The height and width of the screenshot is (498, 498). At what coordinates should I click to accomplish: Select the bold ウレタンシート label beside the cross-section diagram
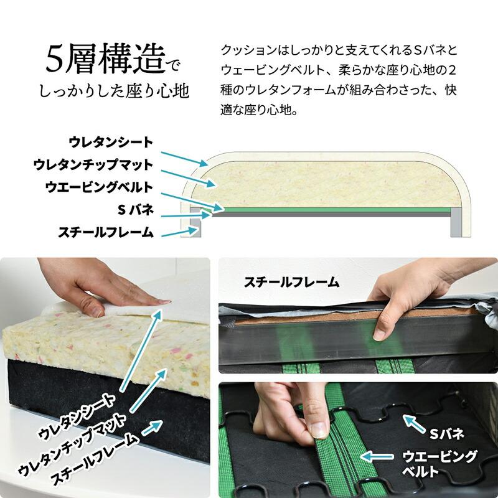[111, 141]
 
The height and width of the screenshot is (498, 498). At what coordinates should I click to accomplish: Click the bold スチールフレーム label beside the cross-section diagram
[105, 233]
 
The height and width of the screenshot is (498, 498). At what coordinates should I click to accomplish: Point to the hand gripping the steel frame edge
[405, 305]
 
